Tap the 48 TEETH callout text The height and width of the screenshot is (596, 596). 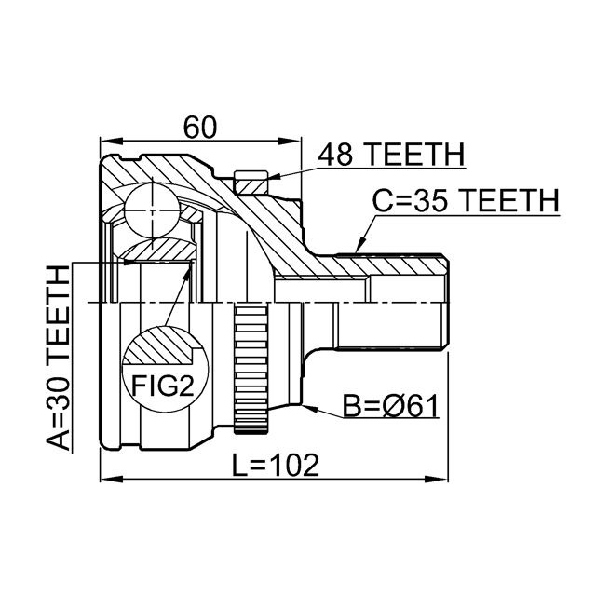click(391, 154)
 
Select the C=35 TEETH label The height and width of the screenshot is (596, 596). click(465, 199)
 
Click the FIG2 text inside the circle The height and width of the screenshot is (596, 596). click(160, 386)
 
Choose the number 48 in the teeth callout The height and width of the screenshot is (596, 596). click(337, 154)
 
